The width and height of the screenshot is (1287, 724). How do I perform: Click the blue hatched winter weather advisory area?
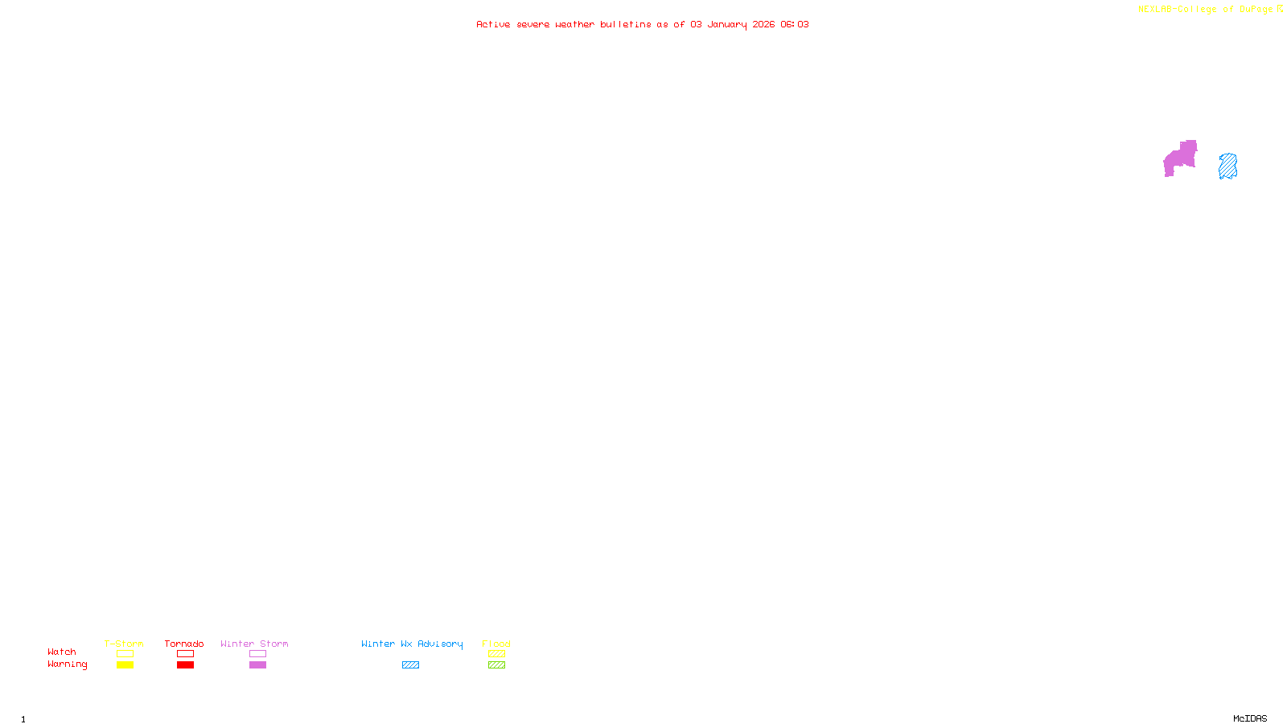(1227, 167)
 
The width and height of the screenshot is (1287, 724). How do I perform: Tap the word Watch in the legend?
(62, 652)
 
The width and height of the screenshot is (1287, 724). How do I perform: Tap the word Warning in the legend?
(67, 664)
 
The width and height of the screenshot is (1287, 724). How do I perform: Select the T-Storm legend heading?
(124, 644)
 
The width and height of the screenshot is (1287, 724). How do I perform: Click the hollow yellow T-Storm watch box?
(125, 654)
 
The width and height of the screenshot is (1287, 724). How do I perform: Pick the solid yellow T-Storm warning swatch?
(125, 665)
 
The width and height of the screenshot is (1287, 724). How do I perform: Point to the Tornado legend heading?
(184, 644)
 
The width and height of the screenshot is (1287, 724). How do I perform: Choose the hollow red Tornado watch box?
(185, 654)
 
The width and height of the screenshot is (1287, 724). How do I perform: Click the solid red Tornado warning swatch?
(185, 665)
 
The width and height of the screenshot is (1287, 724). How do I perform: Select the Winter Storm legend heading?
(254, 644)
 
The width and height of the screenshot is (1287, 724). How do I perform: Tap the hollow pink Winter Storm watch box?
(257, 654)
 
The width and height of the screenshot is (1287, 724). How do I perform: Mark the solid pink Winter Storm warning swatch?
(257, 665)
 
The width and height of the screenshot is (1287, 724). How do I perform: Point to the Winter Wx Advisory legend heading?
(412, 644)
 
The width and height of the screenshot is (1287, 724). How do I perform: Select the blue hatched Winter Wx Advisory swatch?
(410, 665)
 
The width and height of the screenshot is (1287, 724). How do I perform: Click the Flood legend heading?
(496, 644)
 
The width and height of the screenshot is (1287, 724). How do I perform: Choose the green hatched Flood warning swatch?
(496, 665)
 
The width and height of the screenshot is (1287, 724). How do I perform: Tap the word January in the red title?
(727, 24)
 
